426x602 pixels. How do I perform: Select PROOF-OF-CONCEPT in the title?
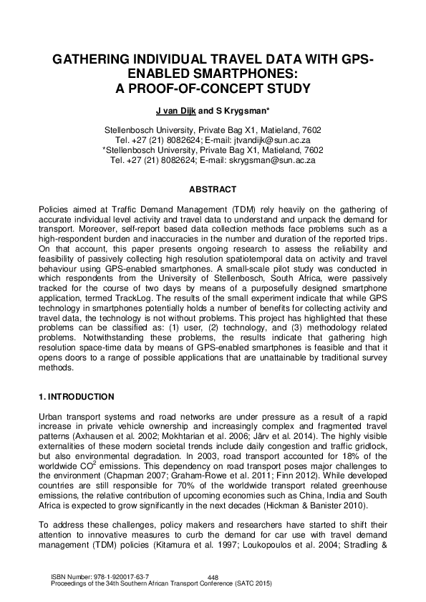[x=214, y=89]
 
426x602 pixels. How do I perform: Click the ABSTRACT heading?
[x=212, y=189]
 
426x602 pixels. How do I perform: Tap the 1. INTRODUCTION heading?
[x=76, y=396]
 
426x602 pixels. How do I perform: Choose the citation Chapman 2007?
[x=133, y=486]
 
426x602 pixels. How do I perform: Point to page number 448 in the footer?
[x=212, y=578]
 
